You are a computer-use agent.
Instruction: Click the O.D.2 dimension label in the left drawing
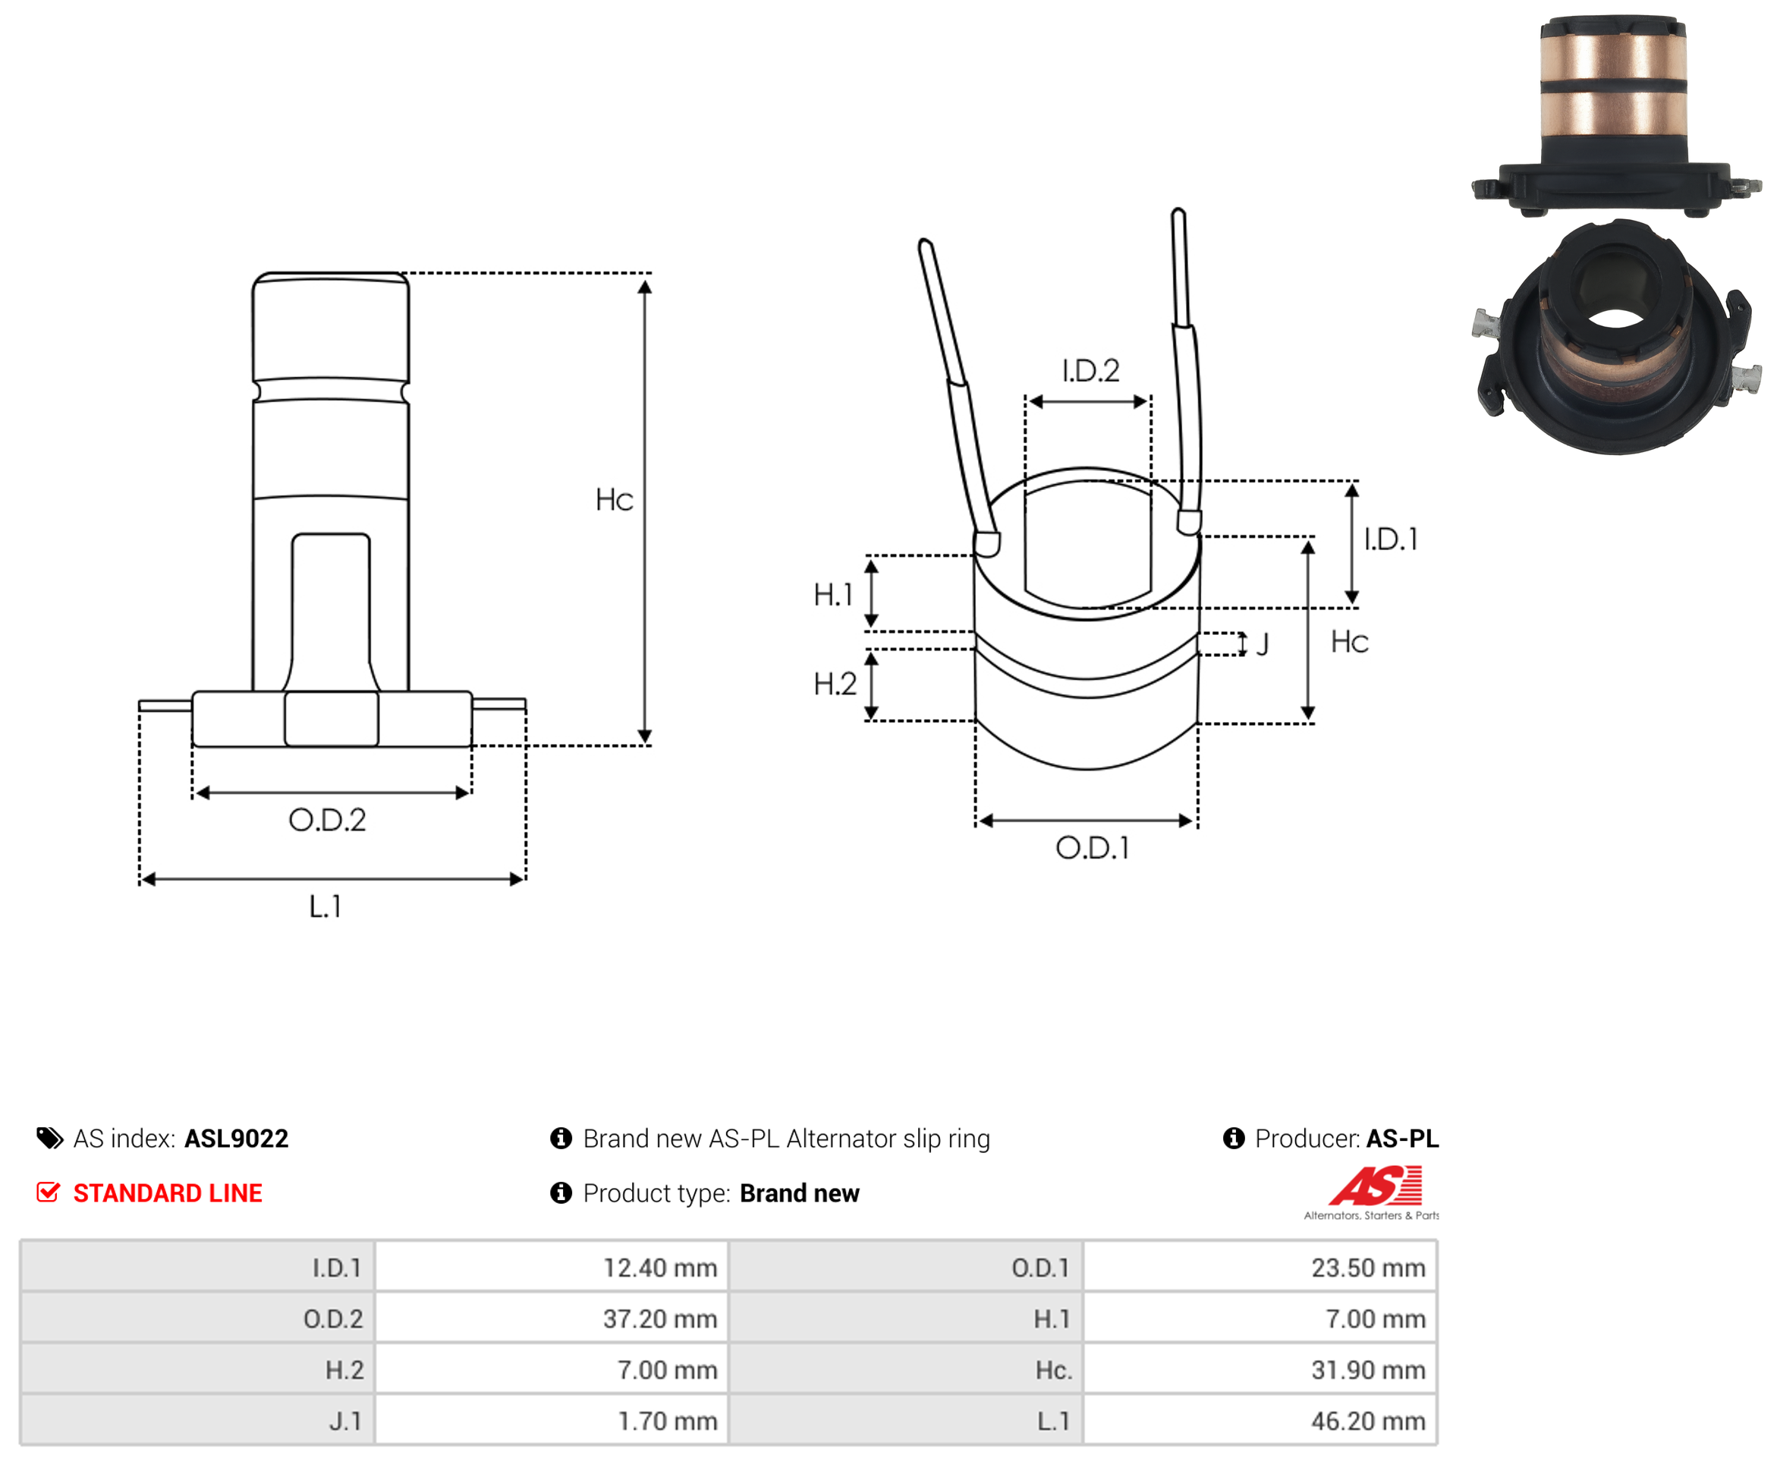327,820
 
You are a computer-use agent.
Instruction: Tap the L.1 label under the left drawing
325,906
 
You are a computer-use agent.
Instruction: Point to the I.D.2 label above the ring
1090,370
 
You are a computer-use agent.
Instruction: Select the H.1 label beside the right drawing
832,595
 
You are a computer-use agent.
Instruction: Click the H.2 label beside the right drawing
835,683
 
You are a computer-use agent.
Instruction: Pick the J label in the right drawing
1263,645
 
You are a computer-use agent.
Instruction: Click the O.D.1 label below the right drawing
1092,847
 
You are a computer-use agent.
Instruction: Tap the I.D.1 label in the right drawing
1391,539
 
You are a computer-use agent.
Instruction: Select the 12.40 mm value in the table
659,1268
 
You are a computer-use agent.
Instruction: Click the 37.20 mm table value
659,1319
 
